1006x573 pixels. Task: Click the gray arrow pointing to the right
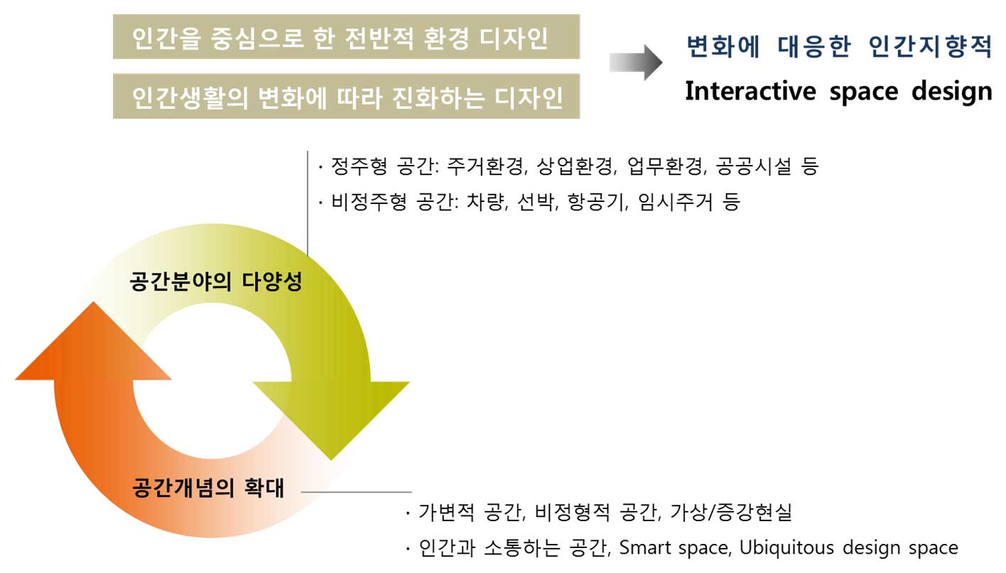(x=635, y=63)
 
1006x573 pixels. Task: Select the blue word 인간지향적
(x=930, y=48)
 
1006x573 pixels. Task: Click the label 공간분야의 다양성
(x=216, y=282)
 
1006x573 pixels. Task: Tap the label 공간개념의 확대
(x=207, y=489)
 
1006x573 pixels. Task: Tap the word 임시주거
(x=676, y=202)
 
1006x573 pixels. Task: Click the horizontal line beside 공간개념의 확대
(x=356, y=491)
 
